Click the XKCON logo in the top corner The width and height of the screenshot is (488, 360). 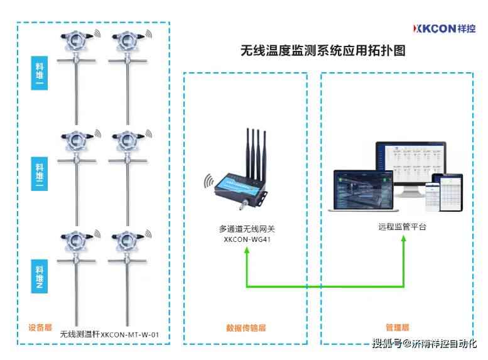(444, 28)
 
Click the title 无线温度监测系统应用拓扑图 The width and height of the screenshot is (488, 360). (323, 51)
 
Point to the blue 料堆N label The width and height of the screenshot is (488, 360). (40, 276)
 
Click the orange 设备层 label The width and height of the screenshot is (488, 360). (39, 327)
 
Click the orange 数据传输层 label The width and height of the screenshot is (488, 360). (246, 328)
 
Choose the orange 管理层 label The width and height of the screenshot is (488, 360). (397, 327)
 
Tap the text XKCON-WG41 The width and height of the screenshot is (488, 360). (246, 239)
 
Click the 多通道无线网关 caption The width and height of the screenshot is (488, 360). (246, 229)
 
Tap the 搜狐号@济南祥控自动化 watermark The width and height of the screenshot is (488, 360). (423, 344)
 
